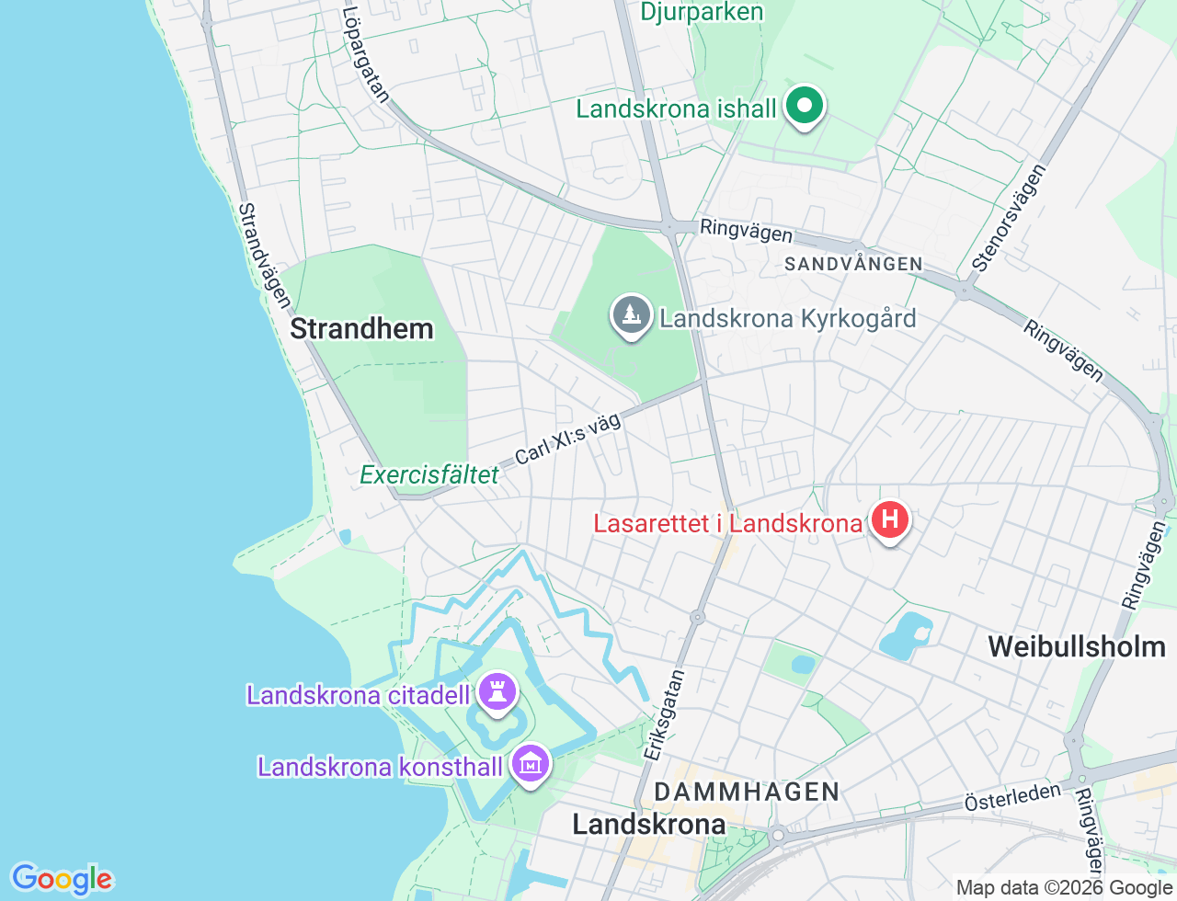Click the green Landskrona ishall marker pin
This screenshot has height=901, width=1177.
click(805, 107)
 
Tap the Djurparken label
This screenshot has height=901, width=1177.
click(702, 12)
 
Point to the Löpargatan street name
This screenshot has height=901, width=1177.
click(365, 54)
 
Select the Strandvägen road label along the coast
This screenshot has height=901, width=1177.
click(264, 256)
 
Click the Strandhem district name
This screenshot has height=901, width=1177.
click(361, 329)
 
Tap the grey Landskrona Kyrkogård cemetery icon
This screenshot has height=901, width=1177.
click(631, 315)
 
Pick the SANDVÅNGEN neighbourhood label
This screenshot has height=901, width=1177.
click(852, 265)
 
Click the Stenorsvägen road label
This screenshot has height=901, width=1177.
click(1009, 218)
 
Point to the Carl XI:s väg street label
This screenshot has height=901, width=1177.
click(567, 439)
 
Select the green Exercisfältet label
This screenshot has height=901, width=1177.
click(429, 475)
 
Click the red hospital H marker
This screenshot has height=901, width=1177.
click(889, 520)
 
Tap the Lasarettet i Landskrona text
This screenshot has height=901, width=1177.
click(727, 524)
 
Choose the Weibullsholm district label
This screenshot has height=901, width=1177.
click(1076, 646)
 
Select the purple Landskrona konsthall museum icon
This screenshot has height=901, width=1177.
click(531, 764)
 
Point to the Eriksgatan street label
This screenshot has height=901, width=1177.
click(664, 715)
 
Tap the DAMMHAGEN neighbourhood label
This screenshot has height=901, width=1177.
click(747, 792)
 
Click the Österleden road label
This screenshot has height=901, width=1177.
click(1012, 797)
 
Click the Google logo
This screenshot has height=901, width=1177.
click(62, 880)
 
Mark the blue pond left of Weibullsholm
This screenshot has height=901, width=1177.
click(906, 635)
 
